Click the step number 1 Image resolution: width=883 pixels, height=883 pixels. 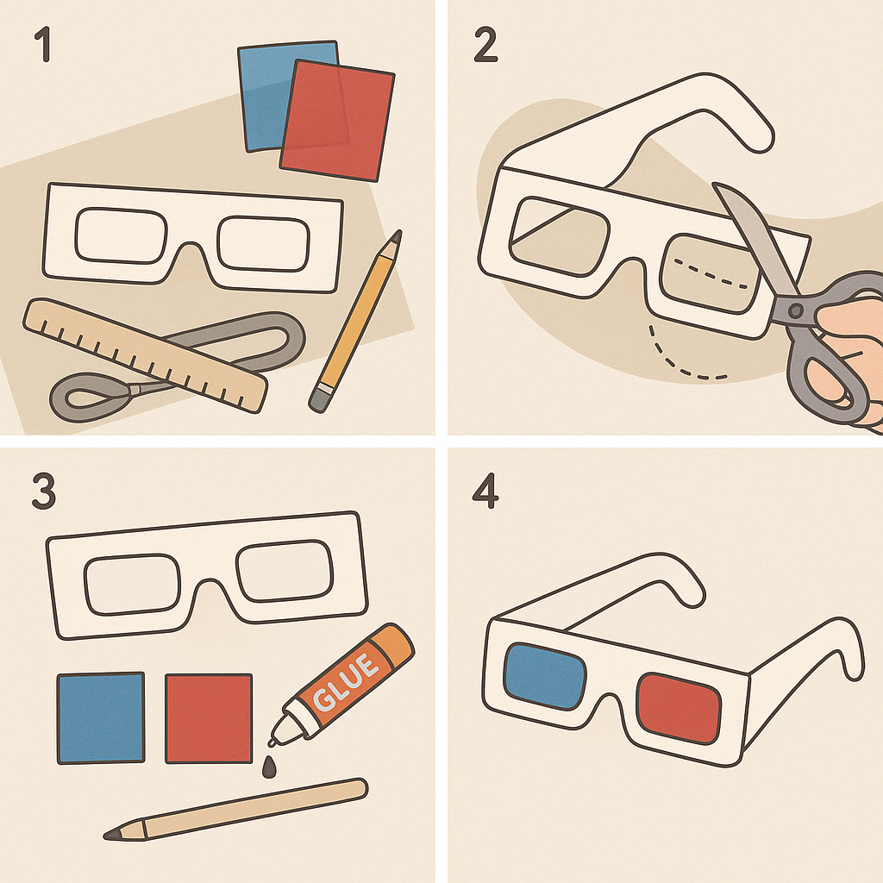(x=43, y=44)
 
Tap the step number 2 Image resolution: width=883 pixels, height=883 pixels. (x=485, y=45)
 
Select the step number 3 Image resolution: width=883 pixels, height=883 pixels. (x=44, y=491)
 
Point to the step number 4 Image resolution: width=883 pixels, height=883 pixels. (x=485, y=491)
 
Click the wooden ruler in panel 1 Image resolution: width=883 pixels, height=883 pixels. (x=145, y=355)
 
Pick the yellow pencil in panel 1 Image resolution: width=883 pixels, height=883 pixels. (x=355, y=321)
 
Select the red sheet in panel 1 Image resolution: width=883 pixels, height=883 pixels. (x=337, y=121)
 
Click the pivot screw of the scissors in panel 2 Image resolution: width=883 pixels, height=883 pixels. (x=796, y=310)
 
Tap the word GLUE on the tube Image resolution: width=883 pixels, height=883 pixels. (x=346, y=681)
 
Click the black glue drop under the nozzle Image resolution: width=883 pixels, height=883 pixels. (x=270, y=767)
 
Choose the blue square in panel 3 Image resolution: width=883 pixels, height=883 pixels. (x=101, y=718)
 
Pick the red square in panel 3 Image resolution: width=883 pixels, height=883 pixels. (x=209, y=718)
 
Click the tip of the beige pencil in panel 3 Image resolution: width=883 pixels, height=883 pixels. (x=106, y=835)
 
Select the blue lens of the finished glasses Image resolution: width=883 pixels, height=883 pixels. (x=545, y=676)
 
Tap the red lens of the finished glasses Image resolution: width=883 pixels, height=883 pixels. (x=679, y=709)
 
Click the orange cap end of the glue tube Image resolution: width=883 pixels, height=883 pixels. (x=394, y=645)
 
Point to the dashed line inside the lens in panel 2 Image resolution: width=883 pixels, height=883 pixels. (x=711, y=273)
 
